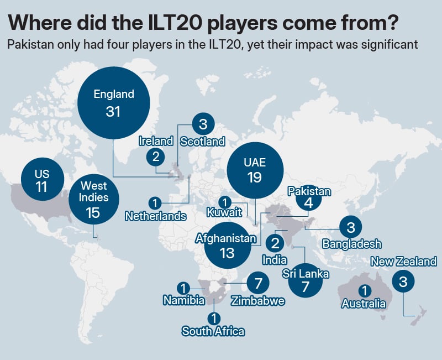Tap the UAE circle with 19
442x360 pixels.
pos(255,170)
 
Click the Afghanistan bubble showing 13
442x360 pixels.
pos(227,246)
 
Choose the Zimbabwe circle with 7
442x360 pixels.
pos(257,283)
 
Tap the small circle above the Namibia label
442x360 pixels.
pos(183,288)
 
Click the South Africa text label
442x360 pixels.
pos(213,331)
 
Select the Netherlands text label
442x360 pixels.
pos(155,216)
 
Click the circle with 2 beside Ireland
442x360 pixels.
pos(156,156)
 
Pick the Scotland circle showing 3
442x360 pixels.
pos(203,124)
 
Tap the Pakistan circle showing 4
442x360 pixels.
pos(308,203)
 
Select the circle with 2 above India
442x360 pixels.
pos(275,243)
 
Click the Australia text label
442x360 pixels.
pos(364,304)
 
